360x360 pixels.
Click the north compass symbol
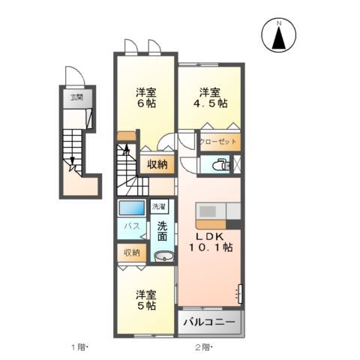pos(279,35)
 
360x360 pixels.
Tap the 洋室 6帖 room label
pos(145,98)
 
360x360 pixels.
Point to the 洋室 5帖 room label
pos(145,300)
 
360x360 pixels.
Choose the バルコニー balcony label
pos(210,322)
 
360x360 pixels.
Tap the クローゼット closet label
pos(217,141)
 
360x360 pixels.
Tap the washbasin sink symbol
pos(162,257)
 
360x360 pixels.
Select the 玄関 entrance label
pos(77,97)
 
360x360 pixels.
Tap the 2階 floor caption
pos(203,347)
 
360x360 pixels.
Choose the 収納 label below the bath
pos(132,253)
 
